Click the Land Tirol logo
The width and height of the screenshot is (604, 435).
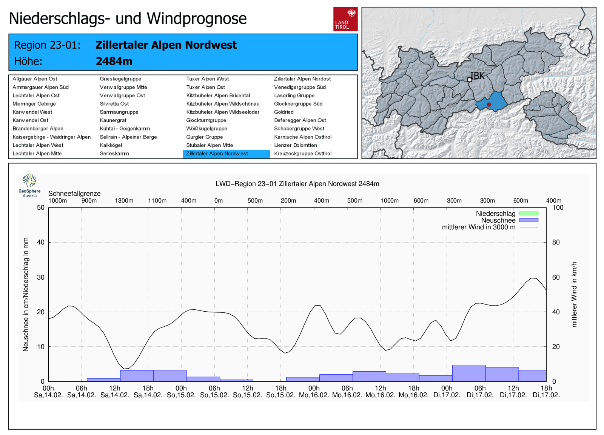click(345, 19)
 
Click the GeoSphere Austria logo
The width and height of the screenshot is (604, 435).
click(29, 185)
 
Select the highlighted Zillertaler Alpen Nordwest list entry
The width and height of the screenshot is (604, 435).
click(226, 154)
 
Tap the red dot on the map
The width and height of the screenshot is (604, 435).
click(489, 105)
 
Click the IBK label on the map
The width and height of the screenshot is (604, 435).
click(478, 76)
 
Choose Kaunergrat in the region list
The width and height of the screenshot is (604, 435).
click(113, 120)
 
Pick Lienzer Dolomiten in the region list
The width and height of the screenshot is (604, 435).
click(295, 145)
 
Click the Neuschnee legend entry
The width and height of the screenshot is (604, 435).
click(498, 220)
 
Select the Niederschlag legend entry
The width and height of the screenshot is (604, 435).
click(496, 214)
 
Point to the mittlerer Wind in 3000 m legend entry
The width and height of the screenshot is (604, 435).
click(479, 227)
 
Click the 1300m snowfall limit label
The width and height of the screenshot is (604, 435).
click(124, 201)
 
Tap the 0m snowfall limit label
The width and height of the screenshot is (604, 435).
click(219, 201)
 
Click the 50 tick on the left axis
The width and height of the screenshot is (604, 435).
click(41, 208)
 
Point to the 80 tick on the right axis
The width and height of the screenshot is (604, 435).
click(556, 242)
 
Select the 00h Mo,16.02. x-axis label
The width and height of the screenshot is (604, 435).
click(314, 392)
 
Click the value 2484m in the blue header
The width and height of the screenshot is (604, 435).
click(114, 61)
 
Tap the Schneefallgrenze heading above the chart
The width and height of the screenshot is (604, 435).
click(74, 194)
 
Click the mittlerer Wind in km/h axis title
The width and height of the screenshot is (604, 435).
click(574, 294)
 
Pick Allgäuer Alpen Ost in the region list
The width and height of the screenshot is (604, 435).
click(35, 79)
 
